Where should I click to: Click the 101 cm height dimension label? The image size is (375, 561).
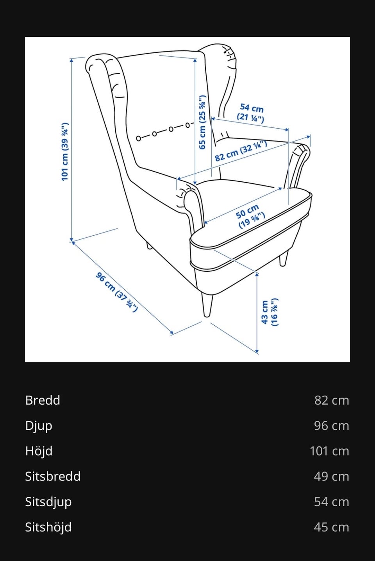[65, 152]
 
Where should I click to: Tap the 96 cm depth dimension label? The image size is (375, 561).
[116, 292]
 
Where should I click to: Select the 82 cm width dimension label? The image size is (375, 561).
[241, 151]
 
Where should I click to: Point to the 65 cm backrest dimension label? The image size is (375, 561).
[202, 122]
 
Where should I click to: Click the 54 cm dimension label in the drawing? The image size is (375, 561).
[251, 113]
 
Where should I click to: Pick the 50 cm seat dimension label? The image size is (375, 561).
[250, 217]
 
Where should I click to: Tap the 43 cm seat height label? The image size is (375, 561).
[269, 312]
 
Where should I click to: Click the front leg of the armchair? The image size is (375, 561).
[207, 305]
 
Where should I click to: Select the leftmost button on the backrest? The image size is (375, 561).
[138, 138]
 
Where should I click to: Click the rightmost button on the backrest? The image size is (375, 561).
[187, 125]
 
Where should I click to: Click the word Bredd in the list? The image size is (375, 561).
[43, 400]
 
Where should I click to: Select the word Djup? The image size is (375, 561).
[39, 426]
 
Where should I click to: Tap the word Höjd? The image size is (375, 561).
[39, 451]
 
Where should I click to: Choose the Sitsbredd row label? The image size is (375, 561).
[53, 476]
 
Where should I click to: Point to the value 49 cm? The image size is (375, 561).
[332, 476]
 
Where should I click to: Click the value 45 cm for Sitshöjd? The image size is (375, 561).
[332, 527]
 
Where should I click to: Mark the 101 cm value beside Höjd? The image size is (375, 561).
[329, 451]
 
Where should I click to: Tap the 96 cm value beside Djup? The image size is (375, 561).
[332, 426]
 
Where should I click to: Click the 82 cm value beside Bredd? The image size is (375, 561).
[332, 400]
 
